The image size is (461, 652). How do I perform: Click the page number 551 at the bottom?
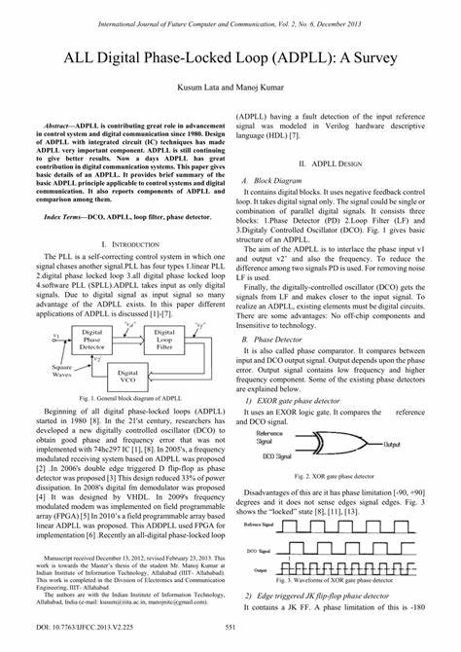[x=230, y=628]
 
